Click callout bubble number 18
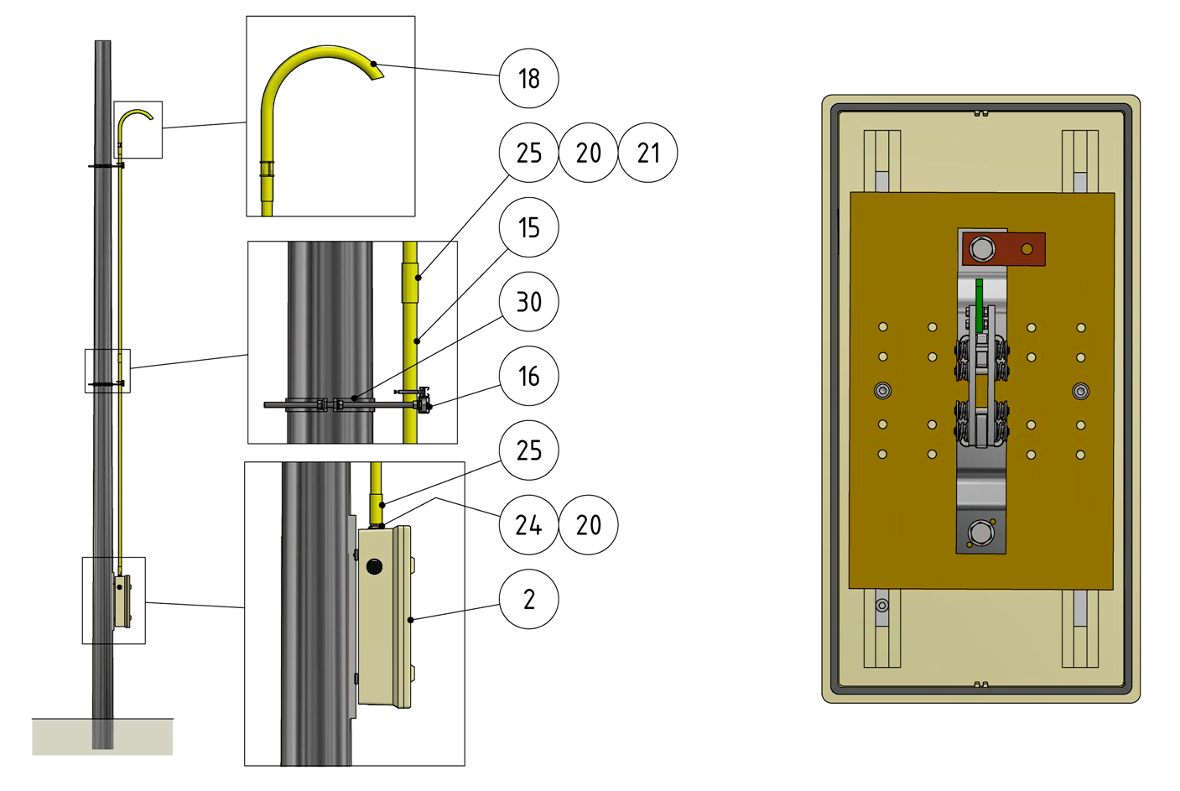click(528, 79)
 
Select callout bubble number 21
click(647, 153)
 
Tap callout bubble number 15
click(528, 227)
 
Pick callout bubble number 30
click(528, 301)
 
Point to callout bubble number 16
click(528, 376)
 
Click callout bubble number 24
click(528, 524)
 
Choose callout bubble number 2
click(528, 599)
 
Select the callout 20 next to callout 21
click(588, 153)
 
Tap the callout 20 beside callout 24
click(588, 524)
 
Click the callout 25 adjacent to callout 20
click(528, 153)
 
